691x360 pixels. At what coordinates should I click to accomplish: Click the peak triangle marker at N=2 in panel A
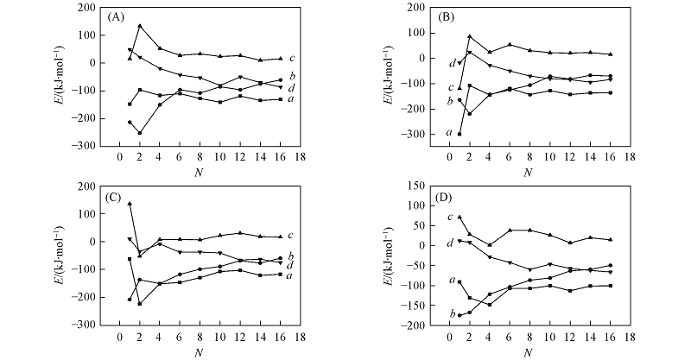pyautogui.click(x=140, y=26)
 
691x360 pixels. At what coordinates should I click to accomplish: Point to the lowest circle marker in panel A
pyautogui.click(x=140, y=133)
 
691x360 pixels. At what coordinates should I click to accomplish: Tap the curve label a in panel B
pyautogui.click(x=449, y=133)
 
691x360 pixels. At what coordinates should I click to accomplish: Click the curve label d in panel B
pyautogui.click(x=451, y=63)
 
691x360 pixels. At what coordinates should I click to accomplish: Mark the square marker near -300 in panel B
pyautogui.click(x=460, y=134)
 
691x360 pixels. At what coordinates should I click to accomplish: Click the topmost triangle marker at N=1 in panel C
pyautogui.click(x=130, y=204)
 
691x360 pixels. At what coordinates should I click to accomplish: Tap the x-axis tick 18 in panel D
pyautogui.click(x=630, y=338)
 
